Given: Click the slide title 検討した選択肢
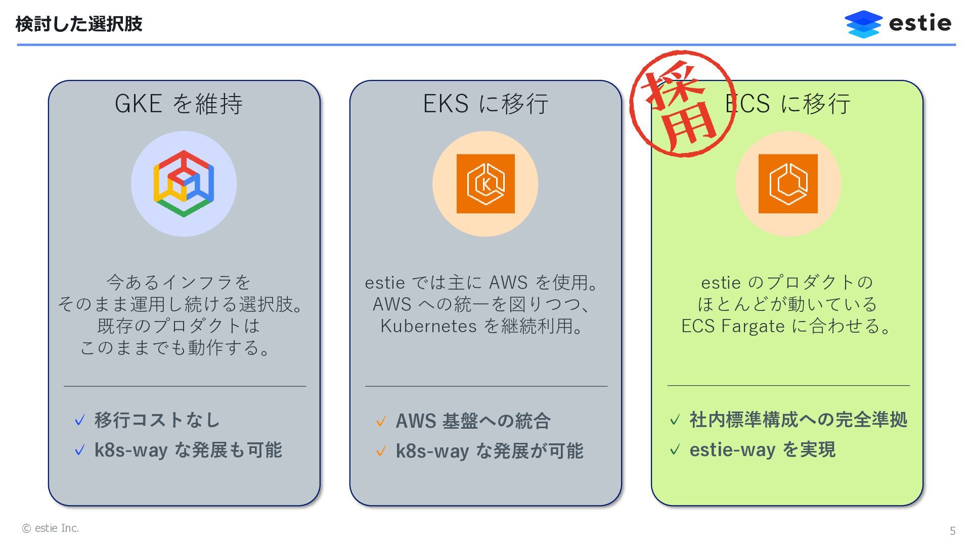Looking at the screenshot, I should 79,24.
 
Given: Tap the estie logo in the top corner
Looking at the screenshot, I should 898,24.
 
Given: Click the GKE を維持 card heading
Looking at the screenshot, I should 179,104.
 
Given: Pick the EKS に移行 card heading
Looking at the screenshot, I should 485,104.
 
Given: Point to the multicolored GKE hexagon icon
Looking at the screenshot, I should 184,184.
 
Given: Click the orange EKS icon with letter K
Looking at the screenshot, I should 485,184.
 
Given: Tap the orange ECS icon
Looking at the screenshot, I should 787,184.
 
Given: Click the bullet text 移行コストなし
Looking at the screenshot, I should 157,420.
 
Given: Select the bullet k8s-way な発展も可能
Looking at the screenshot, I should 188,450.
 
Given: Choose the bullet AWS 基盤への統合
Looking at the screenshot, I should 473,421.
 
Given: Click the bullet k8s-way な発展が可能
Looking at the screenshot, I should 489,451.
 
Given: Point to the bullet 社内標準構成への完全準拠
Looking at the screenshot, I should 798,420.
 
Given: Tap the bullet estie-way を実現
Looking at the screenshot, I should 762,449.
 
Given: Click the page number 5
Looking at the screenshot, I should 952,530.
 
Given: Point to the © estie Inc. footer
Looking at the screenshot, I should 51,528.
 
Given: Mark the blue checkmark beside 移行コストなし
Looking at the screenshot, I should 79,421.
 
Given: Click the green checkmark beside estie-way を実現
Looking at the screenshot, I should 675,449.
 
